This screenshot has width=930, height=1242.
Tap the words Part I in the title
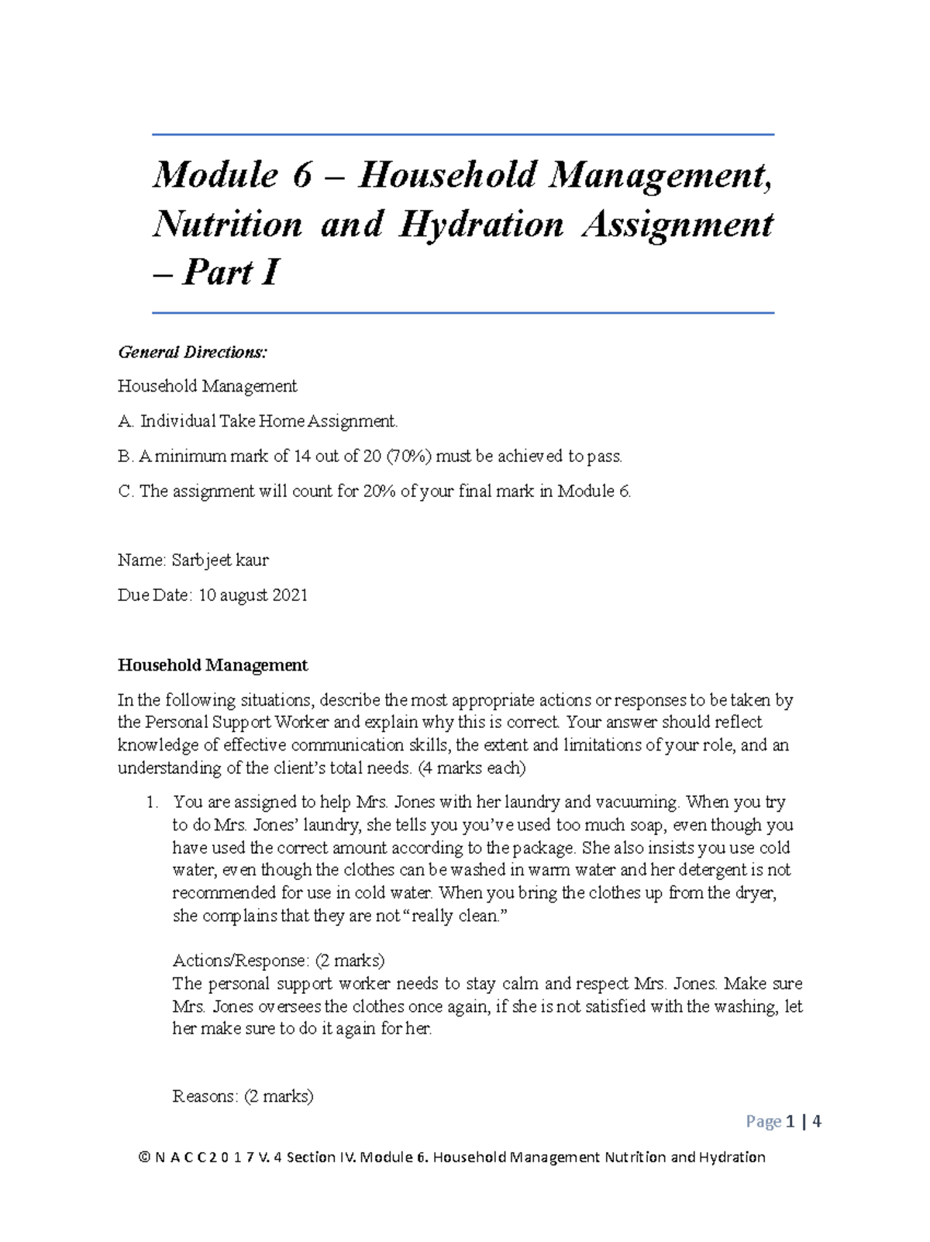point(231,273)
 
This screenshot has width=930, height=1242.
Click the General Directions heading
point(192,353)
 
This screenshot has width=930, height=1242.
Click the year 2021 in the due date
point(289,595)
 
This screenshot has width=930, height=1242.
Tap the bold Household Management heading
point(212,665)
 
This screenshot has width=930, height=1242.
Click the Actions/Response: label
point(239,961)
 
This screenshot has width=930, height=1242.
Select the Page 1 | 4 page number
point(783,1122)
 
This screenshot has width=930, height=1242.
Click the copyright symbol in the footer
point(143,1157)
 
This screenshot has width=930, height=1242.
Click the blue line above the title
point(463,135)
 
